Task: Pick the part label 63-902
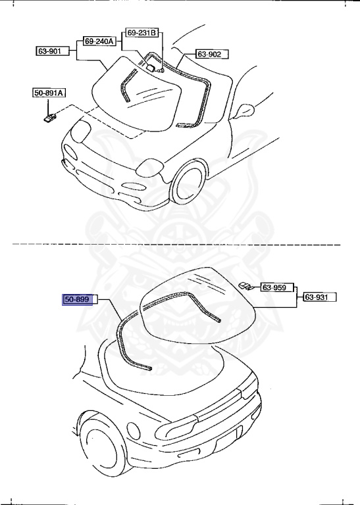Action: pyautogui.click(x=210, y=54)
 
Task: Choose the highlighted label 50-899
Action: pyautogui.click(x=76, y=300)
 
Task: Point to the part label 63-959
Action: pyautogui.click(x=276, y=287)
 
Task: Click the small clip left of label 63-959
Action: pyautogui.click(x=246, y=285)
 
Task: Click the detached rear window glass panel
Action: pyautogui.click(x=197, y=302)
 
